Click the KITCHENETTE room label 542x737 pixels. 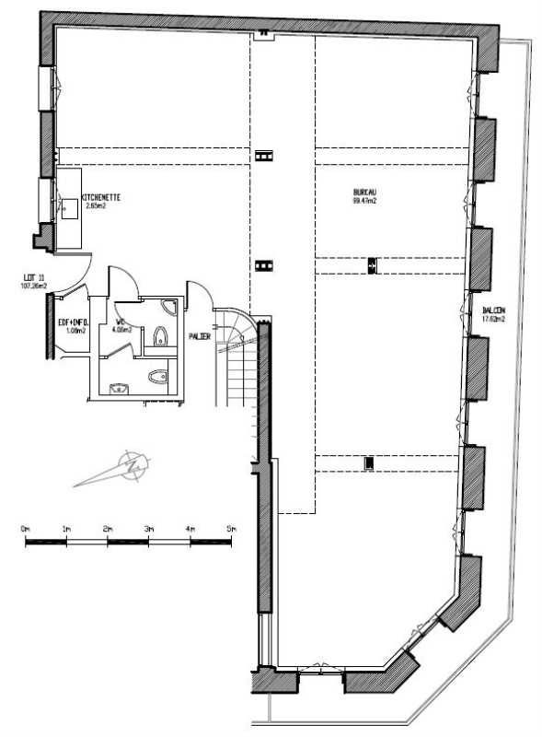(101, 198)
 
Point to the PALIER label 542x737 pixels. (200, 336)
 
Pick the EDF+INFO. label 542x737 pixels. (73, 322)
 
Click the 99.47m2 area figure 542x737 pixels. (363, 201)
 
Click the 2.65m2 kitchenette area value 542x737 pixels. (96, 206)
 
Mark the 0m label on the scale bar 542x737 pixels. (25, 529)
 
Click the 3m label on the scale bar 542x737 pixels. (149, 529)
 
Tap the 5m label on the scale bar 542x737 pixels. (231, 529)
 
